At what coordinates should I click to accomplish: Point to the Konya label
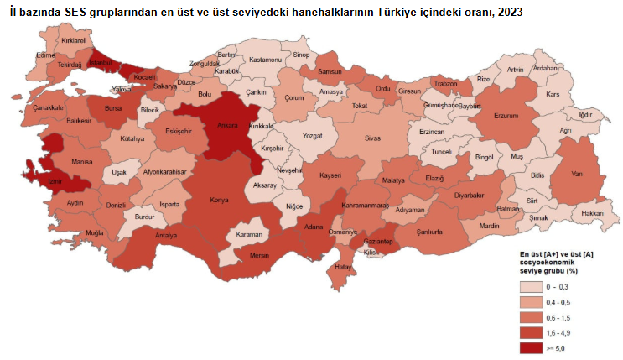click(220, 200)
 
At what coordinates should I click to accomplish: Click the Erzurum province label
click(508, 116)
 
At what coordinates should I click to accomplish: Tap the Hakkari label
click(592, 213)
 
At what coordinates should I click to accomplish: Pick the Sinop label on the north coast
click(301, 55)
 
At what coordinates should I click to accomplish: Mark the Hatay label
click(342, 267)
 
